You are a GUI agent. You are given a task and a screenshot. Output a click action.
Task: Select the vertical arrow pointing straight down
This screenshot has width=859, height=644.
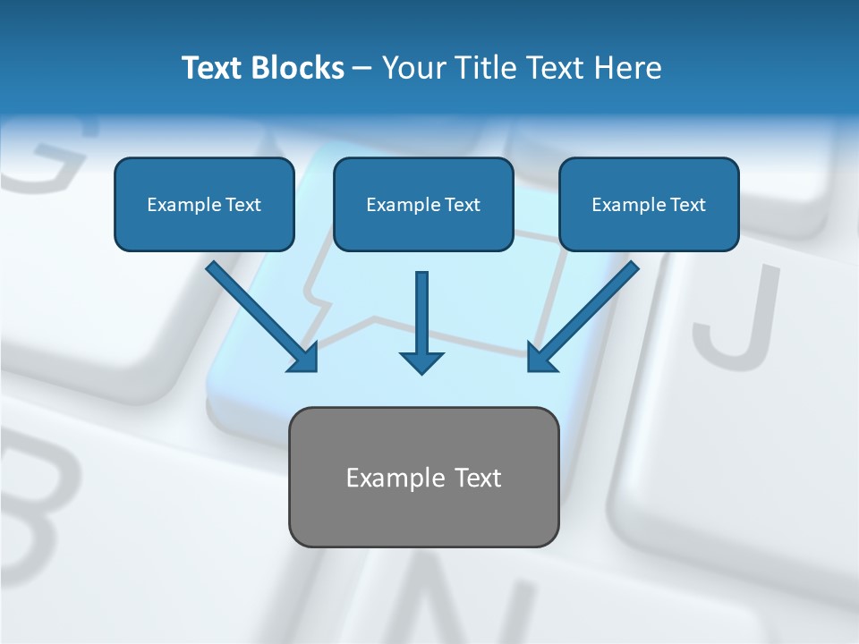421,313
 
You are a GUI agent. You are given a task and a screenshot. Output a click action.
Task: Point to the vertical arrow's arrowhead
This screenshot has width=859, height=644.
421,361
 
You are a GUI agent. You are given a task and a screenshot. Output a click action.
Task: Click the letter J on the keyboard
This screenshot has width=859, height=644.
734,313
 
